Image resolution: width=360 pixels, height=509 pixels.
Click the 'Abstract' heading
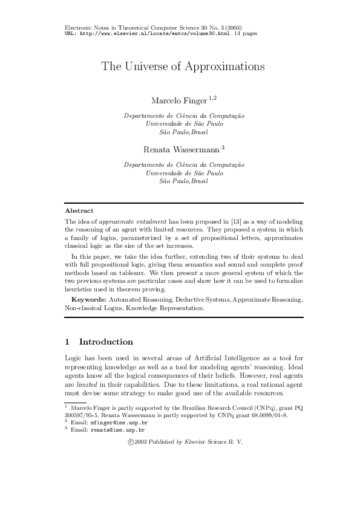click(79, 210)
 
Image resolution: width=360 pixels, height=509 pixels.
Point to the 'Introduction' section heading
click(106, 342)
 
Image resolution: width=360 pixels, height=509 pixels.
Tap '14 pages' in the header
click(245, 34)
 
